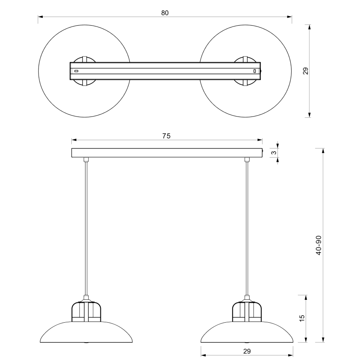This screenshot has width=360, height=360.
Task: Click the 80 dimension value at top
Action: pyautogui.click(x=165, y=12)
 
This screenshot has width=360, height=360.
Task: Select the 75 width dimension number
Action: pyautogui.click(x=166, y=136)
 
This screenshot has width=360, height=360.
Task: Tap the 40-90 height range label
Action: pyautogui.click(x=319, y=245)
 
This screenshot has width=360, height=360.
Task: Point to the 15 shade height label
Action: pyautogui.click(x=302, y=317)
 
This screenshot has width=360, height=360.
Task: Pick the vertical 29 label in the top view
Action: pyautogui.click(x=306, y=71)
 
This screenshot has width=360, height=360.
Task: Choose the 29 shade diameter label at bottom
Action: pyautogui.click(x=247, y=351)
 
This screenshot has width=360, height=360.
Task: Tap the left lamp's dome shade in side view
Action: pyautogui.click(x=87, y=332)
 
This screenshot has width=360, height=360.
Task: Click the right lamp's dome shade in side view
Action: pyautogui.click(x=247, y=332)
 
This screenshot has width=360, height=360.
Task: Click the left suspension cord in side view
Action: pyautogui.click(x=86, y=228)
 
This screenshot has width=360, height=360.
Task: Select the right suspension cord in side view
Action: pyautogui.click(x=248, y=228)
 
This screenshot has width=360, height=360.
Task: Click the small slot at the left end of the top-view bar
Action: pyautogui.click(x=76, y=71)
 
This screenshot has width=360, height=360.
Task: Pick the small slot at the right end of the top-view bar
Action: pyautogui.click(x=255, y=71)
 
